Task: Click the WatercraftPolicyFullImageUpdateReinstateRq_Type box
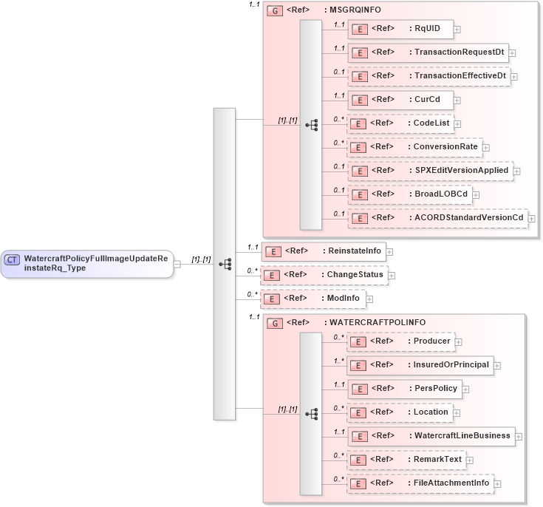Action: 87,263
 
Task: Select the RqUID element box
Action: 400,29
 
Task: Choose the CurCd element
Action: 400,100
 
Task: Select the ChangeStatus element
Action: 324,275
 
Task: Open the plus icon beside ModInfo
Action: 370,299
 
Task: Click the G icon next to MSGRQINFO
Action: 274,12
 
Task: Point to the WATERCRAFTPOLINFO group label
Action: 377,323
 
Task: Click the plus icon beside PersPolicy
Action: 466,389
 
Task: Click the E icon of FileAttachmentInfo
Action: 358,483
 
